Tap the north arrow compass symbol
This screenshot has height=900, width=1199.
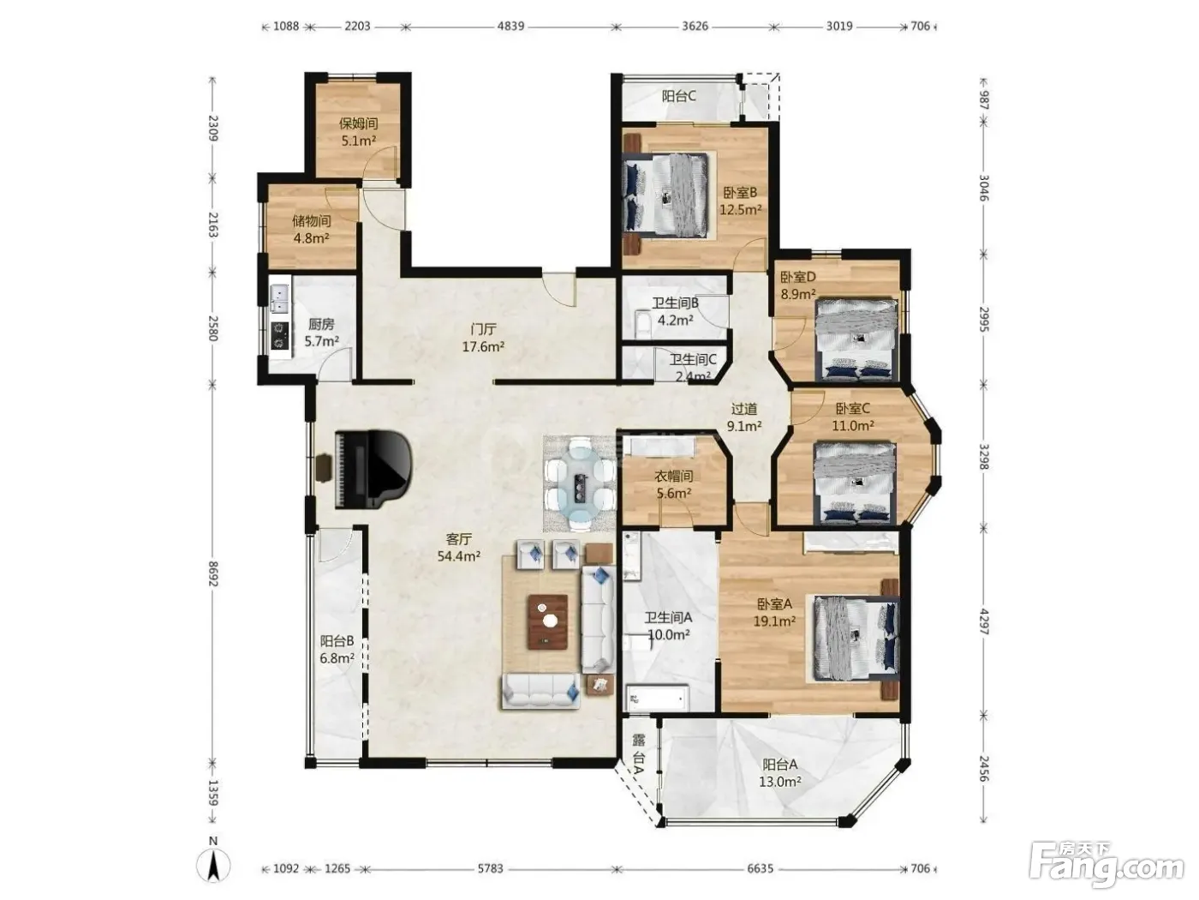[213, 865]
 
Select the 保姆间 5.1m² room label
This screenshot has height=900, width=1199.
[358, 132]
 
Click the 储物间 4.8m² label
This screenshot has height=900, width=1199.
[312, 229]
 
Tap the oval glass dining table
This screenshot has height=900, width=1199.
[580, 483]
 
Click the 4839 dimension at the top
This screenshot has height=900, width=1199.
[510, 27]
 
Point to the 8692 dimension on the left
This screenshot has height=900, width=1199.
[213, 573]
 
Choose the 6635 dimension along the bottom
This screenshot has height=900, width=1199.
[760, 868]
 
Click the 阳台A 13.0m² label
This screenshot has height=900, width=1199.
[780, 772]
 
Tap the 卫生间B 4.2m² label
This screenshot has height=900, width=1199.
[675, 311]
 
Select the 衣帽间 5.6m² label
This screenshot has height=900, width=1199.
[673, 484]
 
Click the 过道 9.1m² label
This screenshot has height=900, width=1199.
[744, 417]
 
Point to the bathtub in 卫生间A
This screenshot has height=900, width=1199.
[657, 698]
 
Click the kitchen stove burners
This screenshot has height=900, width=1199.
[280, 335]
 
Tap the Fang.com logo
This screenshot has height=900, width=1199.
[1107, 867]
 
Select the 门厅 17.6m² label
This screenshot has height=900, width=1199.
[483, 338]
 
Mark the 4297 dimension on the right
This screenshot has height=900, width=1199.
[983, 621]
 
